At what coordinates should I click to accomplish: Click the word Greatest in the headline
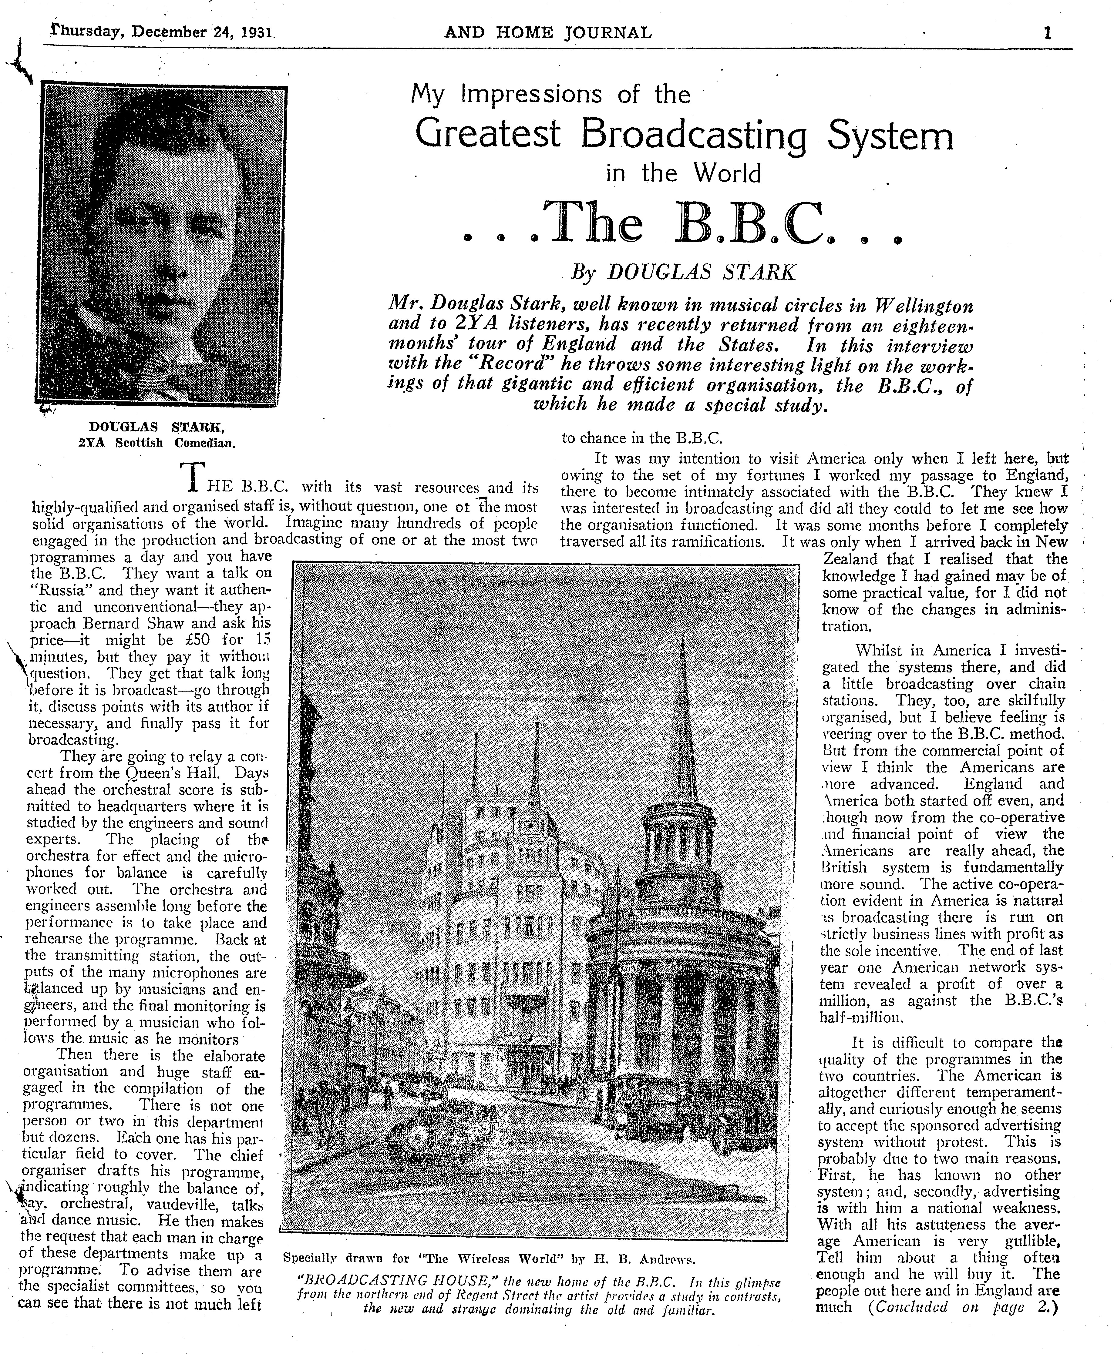coord(488,135)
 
